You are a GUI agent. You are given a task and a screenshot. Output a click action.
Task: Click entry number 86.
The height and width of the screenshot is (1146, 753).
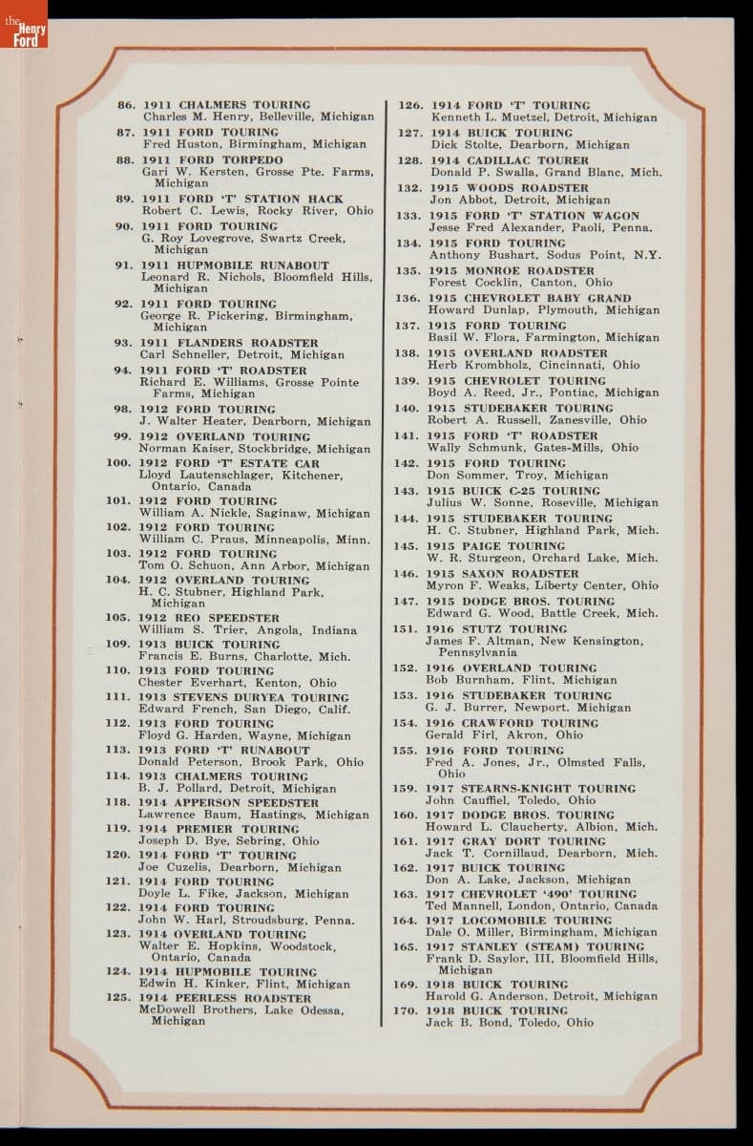126,105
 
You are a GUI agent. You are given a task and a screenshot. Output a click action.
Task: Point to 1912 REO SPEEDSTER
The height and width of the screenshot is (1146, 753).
210,618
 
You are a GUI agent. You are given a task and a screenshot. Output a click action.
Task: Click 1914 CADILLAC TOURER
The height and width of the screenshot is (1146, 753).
510,160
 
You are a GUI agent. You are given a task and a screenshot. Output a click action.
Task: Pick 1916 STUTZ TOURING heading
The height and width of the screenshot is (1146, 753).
498,629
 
